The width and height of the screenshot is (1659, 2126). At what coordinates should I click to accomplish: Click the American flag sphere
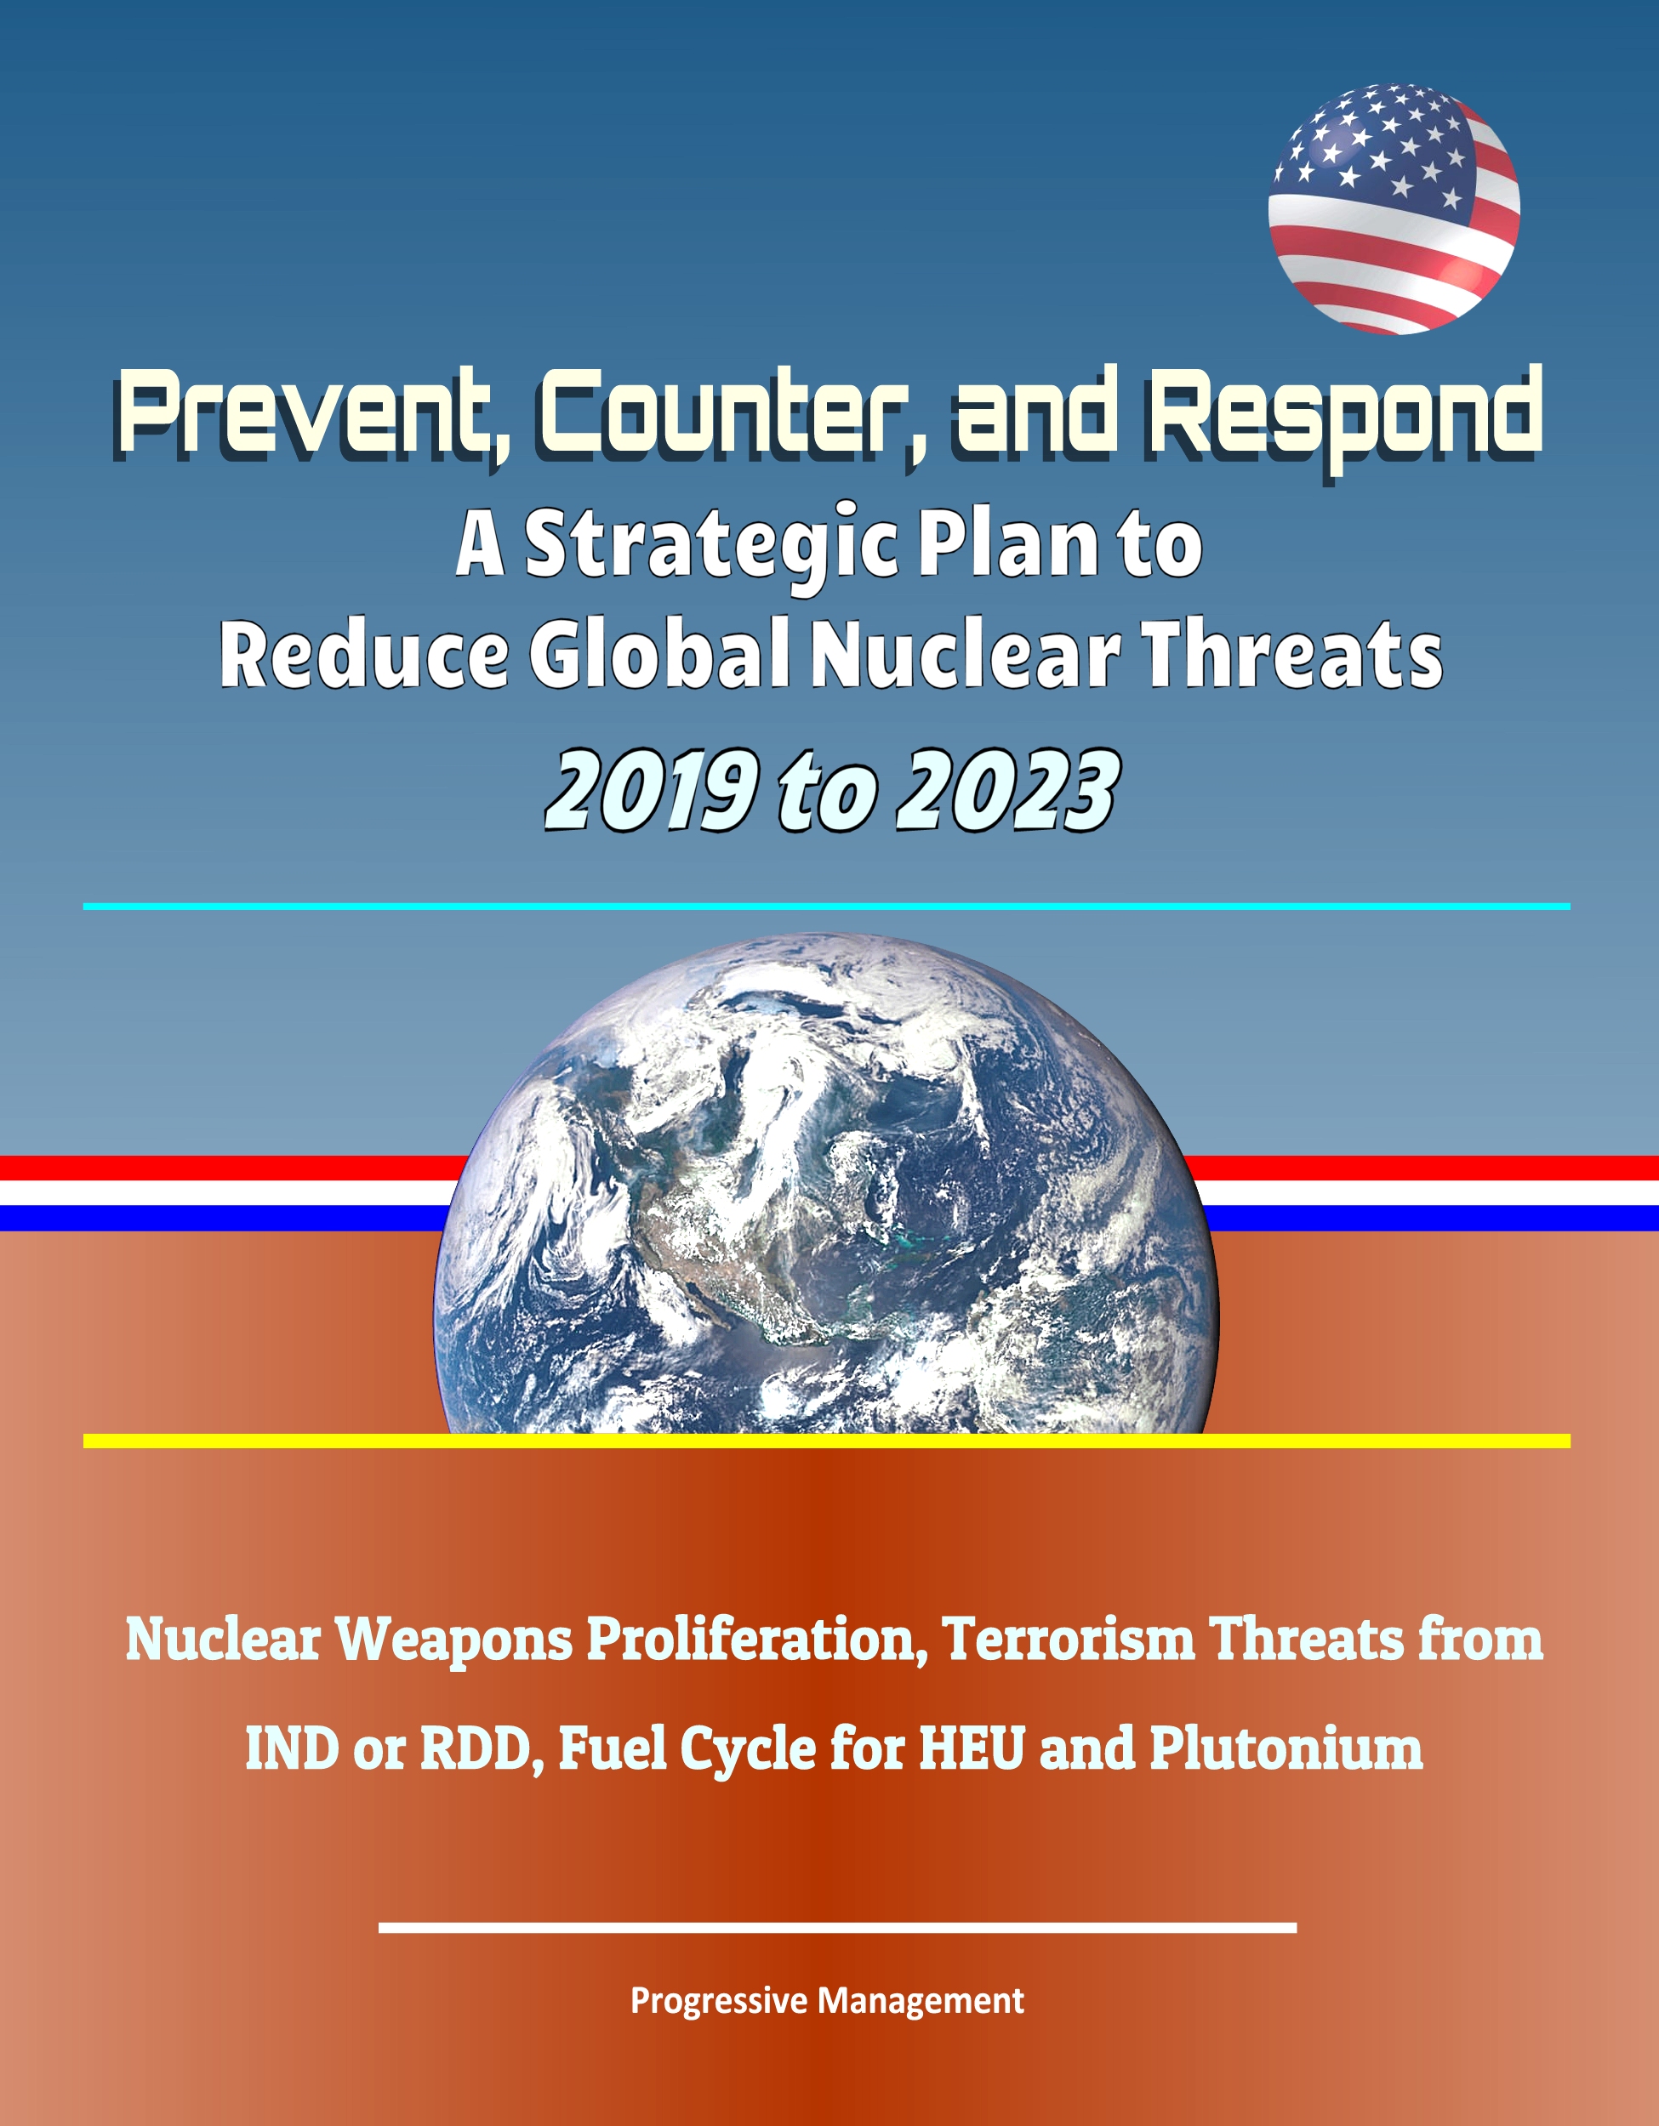click(x=1394, y=209)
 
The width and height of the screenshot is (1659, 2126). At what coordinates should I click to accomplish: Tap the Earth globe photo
click(x=825, y=1184)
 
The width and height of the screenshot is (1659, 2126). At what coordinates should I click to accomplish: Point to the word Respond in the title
click(x=1344, y=418)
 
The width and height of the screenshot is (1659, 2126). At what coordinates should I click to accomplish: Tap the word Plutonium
click(x=1286, y=1748)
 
